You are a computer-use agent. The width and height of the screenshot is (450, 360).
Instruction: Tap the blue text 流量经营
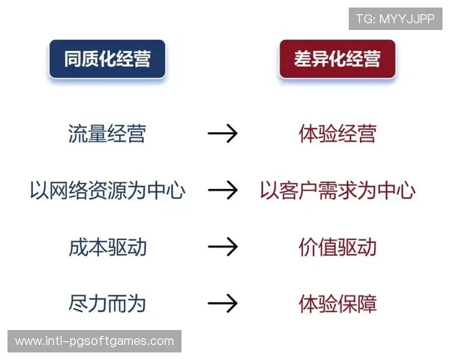click(106, 134)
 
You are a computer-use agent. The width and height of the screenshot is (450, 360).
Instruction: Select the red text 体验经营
click(337, 134)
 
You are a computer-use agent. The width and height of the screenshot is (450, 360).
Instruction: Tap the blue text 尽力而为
click(106, 304)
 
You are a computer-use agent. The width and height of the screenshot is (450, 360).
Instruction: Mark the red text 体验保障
click(337, 304)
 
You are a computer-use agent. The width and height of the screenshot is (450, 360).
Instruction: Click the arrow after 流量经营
click(222, 134)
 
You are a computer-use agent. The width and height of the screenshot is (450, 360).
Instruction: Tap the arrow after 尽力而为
click(222, 304)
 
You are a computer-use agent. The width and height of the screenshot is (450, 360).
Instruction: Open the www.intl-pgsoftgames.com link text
click(94, 341)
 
